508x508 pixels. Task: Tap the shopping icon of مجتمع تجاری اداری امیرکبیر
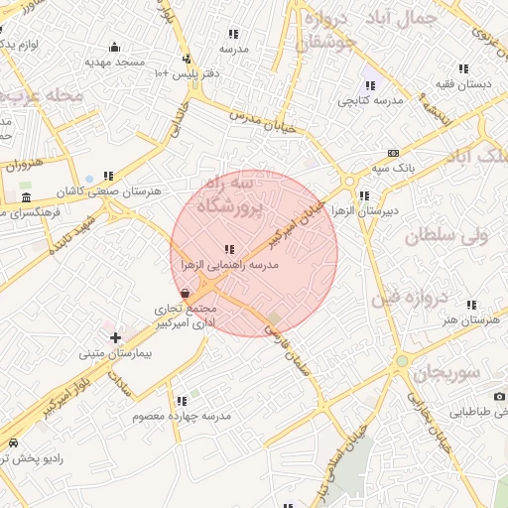[x=187, y=293]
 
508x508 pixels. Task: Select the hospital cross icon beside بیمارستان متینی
[x=116, y=338]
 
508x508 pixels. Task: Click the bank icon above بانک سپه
[x=394, y=153]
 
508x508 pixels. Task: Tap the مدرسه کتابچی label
[x=369, y=100]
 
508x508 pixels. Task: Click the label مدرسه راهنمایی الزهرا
[x=229, y=266]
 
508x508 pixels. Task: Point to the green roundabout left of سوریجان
[x=401, y=362]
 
